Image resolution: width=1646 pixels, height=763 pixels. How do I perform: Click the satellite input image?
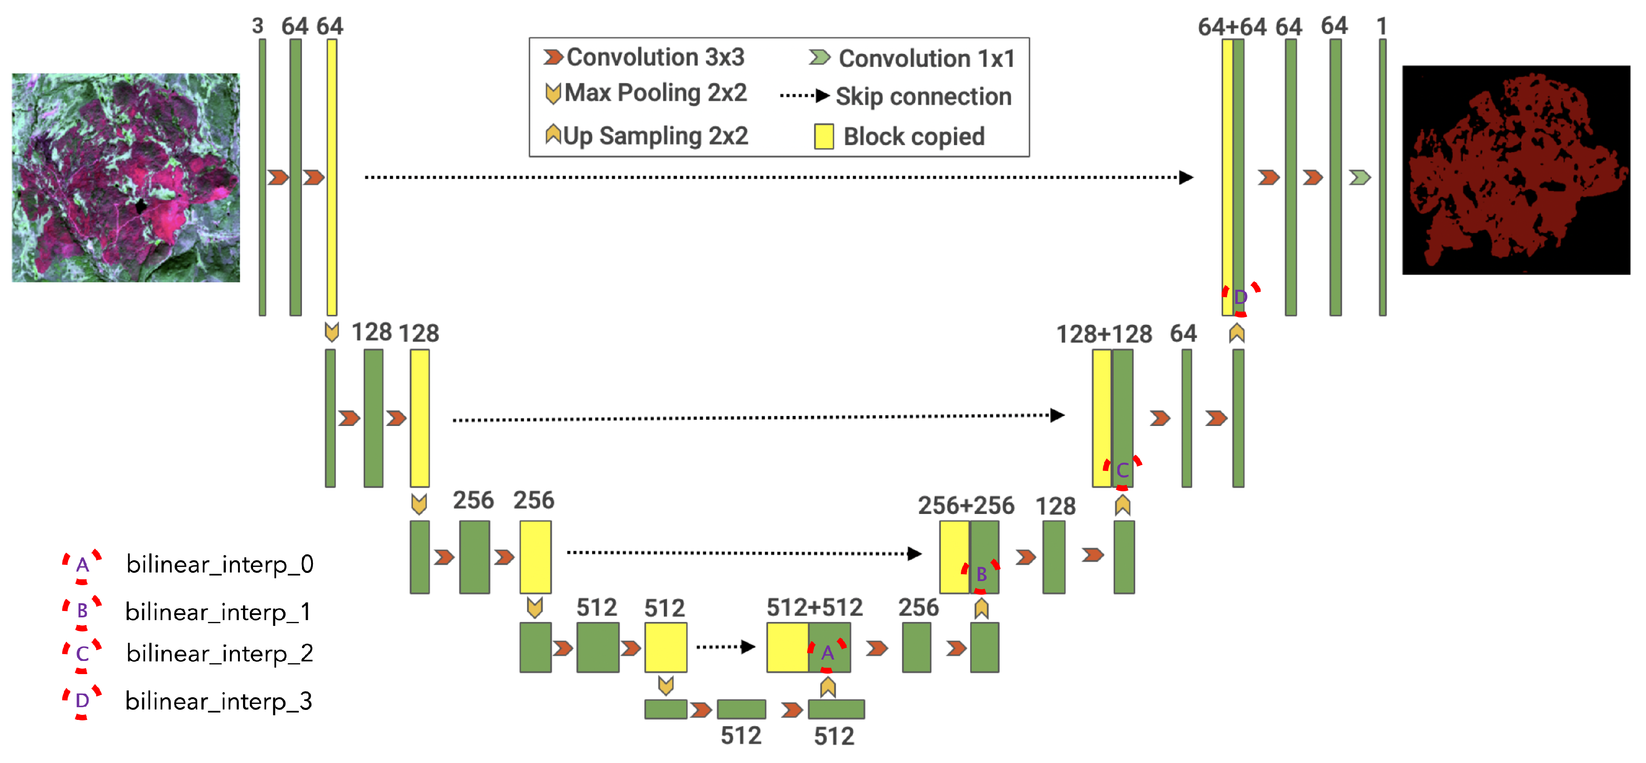click(126, 178)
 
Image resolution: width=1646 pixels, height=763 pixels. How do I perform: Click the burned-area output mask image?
click(1516, 170)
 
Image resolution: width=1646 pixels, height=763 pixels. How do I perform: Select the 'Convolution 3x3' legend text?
click(655, 58)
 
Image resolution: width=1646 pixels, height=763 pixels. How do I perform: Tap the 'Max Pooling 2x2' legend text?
click(655, 93)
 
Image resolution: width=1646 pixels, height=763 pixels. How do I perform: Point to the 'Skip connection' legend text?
click(923, 97)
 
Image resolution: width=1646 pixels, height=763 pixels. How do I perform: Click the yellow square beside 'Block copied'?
click(823, 136)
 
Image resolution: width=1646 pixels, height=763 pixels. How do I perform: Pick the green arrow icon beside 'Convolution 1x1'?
click(819, 58)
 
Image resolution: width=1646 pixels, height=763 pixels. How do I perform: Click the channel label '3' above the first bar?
click(258, 26)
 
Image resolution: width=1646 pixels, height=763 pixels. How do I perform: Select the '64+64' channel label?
click(1231, 27)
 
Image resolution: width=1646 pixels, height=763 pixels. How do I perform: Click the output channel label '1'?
click(1382, 26)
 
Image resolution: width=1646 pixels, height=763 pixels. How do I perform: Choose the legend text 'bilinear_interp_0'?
click(220, 564)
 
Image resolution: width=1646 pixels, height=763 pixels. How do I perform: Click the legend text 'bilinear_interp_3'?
click(219, 701)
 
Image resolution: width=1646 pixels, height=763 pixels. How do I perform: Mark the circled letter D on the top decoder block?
click(1240, 297)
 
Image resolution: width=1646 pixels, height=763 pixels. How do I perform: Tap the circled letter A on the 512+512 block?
click(828, 653)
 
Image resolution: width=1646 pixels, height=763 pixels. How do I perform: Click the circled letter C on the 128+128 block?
click(1122, 471)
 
